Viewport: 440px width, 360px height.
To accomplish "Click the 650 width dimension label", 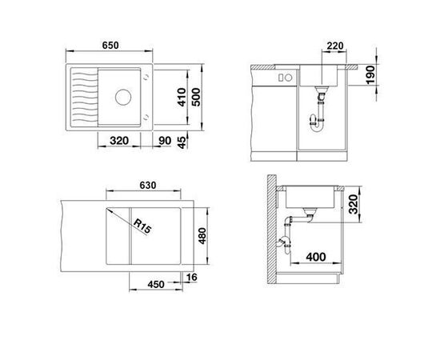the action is coord(110,46).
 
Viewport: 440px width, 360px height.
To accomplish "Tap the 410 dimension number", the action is coord(182,97).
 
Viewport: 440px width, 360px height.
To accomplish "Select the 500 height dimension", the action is coord(196,97).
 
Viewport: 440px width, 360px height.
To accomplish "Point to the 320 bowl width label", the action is coord(119,141).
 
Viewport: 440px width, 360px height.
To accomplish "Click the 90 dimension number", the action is coord(165,141).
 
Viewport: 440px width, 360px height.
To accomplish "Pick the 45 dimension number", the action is coord(182,142).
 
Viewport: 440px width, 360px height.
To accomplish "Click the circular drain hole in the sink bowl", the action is coord(123,97).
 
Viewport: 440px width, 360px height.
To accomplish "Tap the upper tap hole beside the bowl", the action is coord(146,76).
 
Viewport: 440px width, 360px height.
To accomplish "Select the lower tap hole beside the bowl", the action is coord(146,118).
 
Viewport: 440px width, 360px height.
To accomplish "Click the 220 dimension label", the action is coord(335,46).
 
